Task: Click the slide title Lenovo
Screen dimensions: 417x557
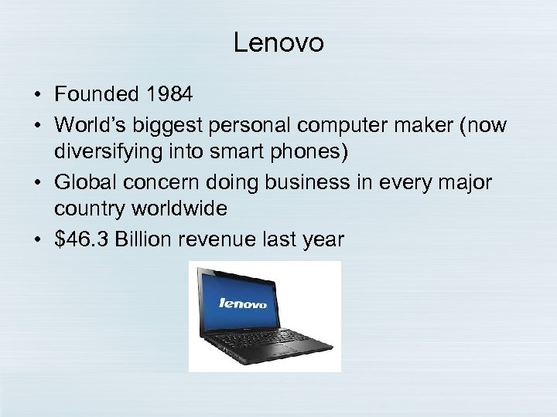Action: (x=278, y=44)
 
